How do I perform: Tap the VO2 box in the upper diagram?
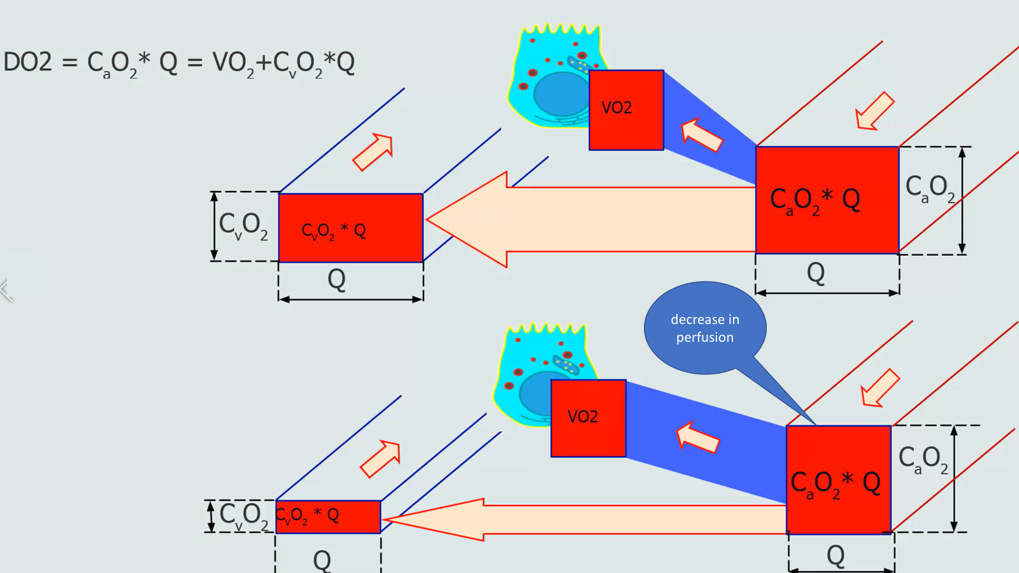point(626,110)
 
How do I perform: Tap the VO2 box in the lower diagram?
point(588,418)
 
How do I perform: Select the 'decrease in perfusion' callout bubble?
point(704,328)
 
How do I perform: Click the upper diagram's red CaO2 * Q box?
point(827,200)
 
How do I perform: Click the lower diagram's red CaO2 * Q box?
point(838,480)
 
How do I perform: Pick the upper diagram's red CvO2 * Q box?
point(350,228)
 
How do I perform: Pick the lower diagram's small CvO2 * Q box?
point(327,516)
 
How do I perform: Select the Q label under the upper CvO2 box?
point(336,279)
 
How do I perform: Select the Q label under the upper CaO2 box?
point(816,272)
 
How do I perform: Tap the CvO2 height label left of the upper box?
point(243,226)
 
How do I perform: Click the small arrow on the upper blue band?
point(701,135)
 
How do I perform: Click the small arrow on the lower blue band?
point(697,437)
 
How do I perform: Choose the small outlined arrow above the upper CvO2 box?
point(374,152)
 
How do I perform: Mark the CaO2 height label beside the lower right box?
point(923,460)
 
